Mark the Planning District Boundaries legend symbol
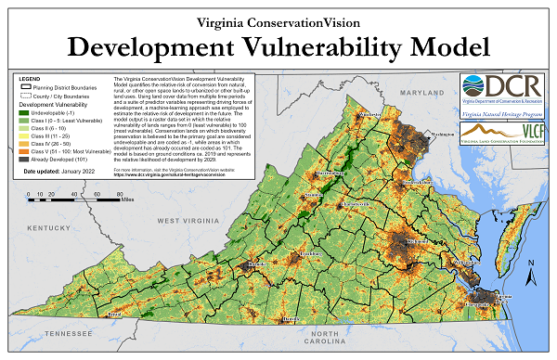point(25,87)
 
